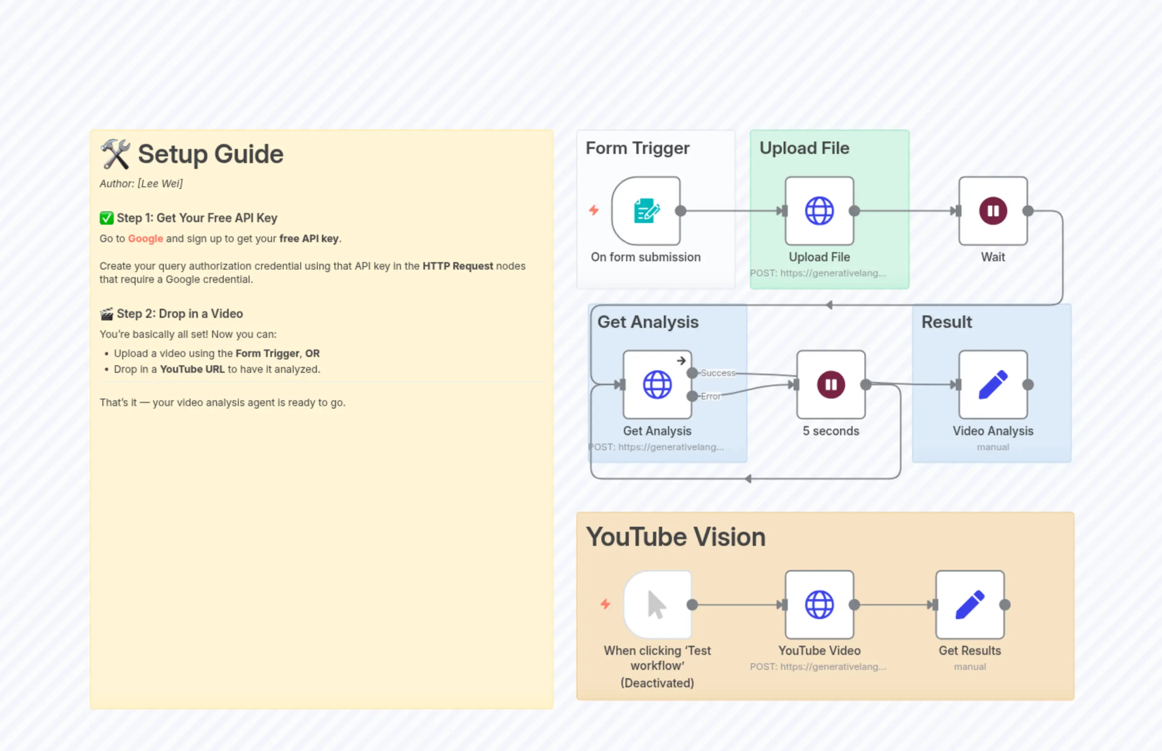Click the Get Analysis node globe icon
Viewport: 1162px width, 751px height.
click(x=657, y=385)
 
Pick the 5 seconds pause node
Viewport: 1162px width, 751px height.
click(x=831, y=385)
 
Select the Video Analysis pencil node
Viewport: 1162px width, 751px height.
click(x=992, y=385)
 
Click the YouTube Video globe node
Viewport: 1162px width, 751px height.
click(x=819, y=605)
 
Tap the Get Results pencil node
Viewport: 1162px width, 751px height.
click(x=969, y=605)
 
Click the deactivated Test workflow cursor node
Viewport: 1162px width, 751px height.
click(x=657, y=605)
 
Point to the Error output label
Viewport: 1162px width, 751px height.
click(x=710, y=397)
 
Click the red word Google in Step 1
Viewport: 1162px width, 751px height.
click(x=145, y=238)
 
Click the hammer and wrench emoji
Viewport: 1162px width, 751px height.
click(x=115, y=154)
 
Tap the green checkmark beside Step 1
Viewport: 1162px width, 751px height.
click(x=106, y=218)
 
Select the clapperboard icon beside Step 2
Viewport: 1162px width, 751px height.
click(x=106, y=314)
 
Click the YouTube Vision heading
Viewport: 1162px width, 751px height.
click(x=675, y=537)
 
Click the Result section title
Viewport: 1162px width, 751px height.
click(x=946, y=322)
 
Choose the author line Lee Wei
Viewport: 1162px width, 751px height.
click(x=141, y=183)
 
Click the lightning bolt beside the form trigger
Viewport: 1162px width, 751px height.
click(x=593, y=210)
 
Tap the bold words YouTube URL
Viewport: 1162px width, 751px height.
click(x=192, y=369)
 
